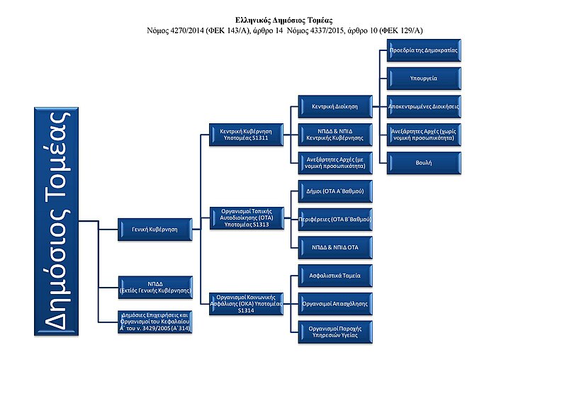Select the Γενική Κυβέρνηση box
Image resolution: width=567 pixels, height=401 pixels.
click(154, 228)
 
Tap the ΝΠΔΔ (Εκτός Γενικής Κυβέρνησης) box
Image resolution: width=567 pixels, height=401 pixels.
click(154, 285)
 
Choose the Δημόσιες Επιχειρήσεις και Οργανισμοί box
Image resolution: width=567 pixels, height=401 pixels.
click(154, 322)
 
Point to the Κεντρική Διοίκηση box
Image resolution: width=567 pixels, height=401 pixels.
click(333, 106)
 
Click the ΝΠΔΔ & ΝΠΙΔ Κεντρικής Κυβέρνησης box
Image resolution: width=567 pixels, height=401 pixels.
click(333, 134)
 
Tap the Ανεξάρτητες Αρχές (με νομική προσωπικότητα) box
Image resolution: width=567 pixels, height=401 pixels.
click(333, 162)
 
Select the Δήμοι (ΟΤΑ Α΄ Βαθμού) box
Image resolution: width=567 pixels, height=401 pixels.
click(333, 192)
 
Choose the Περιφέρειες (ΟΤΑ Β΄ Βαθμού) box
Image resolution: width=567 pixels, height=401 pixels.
click(333, 220)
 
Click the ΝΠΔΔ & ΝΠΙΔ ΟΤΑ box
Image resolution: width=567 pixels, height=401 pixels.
click(333, 248)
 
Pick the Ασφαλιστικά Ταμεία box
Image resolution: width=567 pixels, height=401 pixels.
click(333, 274)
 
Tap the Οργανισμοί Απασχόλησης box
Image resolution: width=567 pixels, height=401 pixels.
click(333, 303)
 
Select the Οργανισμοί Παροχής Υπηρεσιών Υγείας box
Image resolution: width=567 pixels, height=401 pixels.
click(333, 332)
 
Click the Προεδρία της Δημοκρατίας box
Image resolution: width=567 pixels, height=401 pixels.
click(424, 51)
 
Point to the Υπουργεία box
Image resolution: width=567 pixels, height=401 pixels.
click(424, 79)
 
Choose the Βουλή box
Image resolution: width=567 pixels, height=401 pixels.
click(424, 163)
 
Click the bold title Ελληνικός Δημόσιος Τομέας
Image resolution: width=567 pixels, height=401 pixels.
click(283, 21)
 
